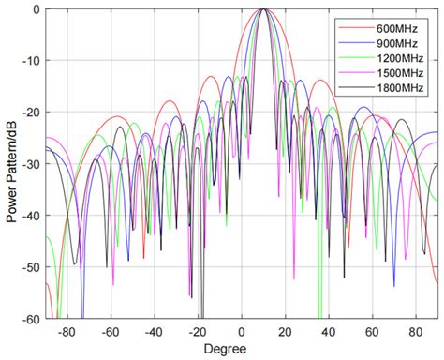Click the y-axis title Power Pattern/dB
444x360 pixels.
[10, 165]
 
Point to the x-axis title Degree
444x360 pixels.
[242, 349]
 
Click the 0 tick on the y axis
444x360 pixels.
[37, 9]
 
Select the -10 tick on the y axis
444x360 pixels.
[32, 61]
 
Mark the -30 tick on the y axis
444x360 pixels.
[32, 165]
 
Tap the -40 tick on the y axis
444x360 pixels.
[32, 217]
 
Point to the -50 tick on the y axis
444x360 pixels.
[32, 268]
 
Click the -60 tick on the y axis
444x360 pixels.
[32, 319]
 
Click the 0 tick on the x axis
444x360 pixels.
[242, 331]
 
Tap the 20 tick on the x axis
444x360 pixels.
[285, 331]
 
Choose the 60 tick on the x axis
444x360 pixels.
[372, 331]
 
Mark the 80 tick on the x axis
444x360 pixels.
[416, 331]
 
